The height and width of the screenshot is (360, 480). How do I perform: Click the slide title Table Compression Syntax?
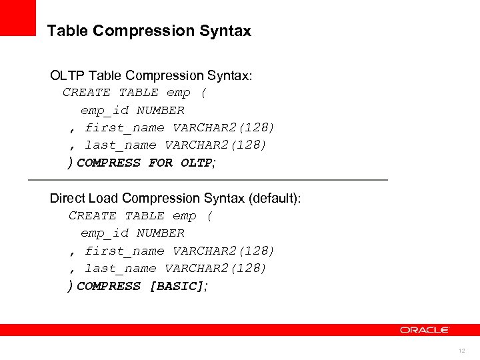149,31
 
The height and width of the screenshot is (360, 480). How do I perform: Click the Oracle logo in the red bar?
425,329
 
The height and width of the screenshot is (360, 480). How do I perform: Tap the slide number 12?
461,351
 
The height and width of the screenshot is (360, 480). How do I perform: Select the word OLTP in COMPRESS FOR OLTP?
196,163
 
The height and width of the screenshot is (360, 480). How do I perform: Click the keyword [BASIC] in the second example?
177,286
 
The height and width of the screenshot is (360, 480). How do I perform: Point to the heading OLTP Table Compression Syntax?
151,76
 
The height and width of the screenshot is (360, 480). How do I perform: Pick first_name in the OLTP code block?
125,128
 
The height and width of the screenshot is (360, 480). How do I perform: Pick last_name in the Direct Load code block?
121,269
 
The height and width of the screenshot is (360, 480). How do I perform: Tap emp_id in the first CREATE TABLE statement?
105,111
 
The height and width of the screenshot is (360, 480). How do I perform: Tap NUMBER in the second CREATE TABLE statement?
161,233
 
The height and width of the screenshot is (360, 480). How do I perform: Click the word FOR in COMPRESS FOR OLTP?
161,163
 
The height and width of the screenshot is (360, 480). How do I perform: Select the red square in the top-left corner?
17,17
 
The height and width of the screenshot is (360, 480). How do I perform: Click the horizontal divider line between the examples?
207,180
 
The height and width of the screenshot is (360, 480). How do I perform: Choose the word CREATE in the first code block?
87,93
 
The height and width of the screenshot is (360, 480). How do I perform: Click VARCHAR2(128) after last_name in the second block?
216,269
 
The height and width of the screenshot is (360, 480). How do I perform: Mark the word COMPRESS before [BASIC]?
109,286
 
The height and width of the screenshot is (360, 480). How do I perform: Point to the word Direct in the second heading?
68,198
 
